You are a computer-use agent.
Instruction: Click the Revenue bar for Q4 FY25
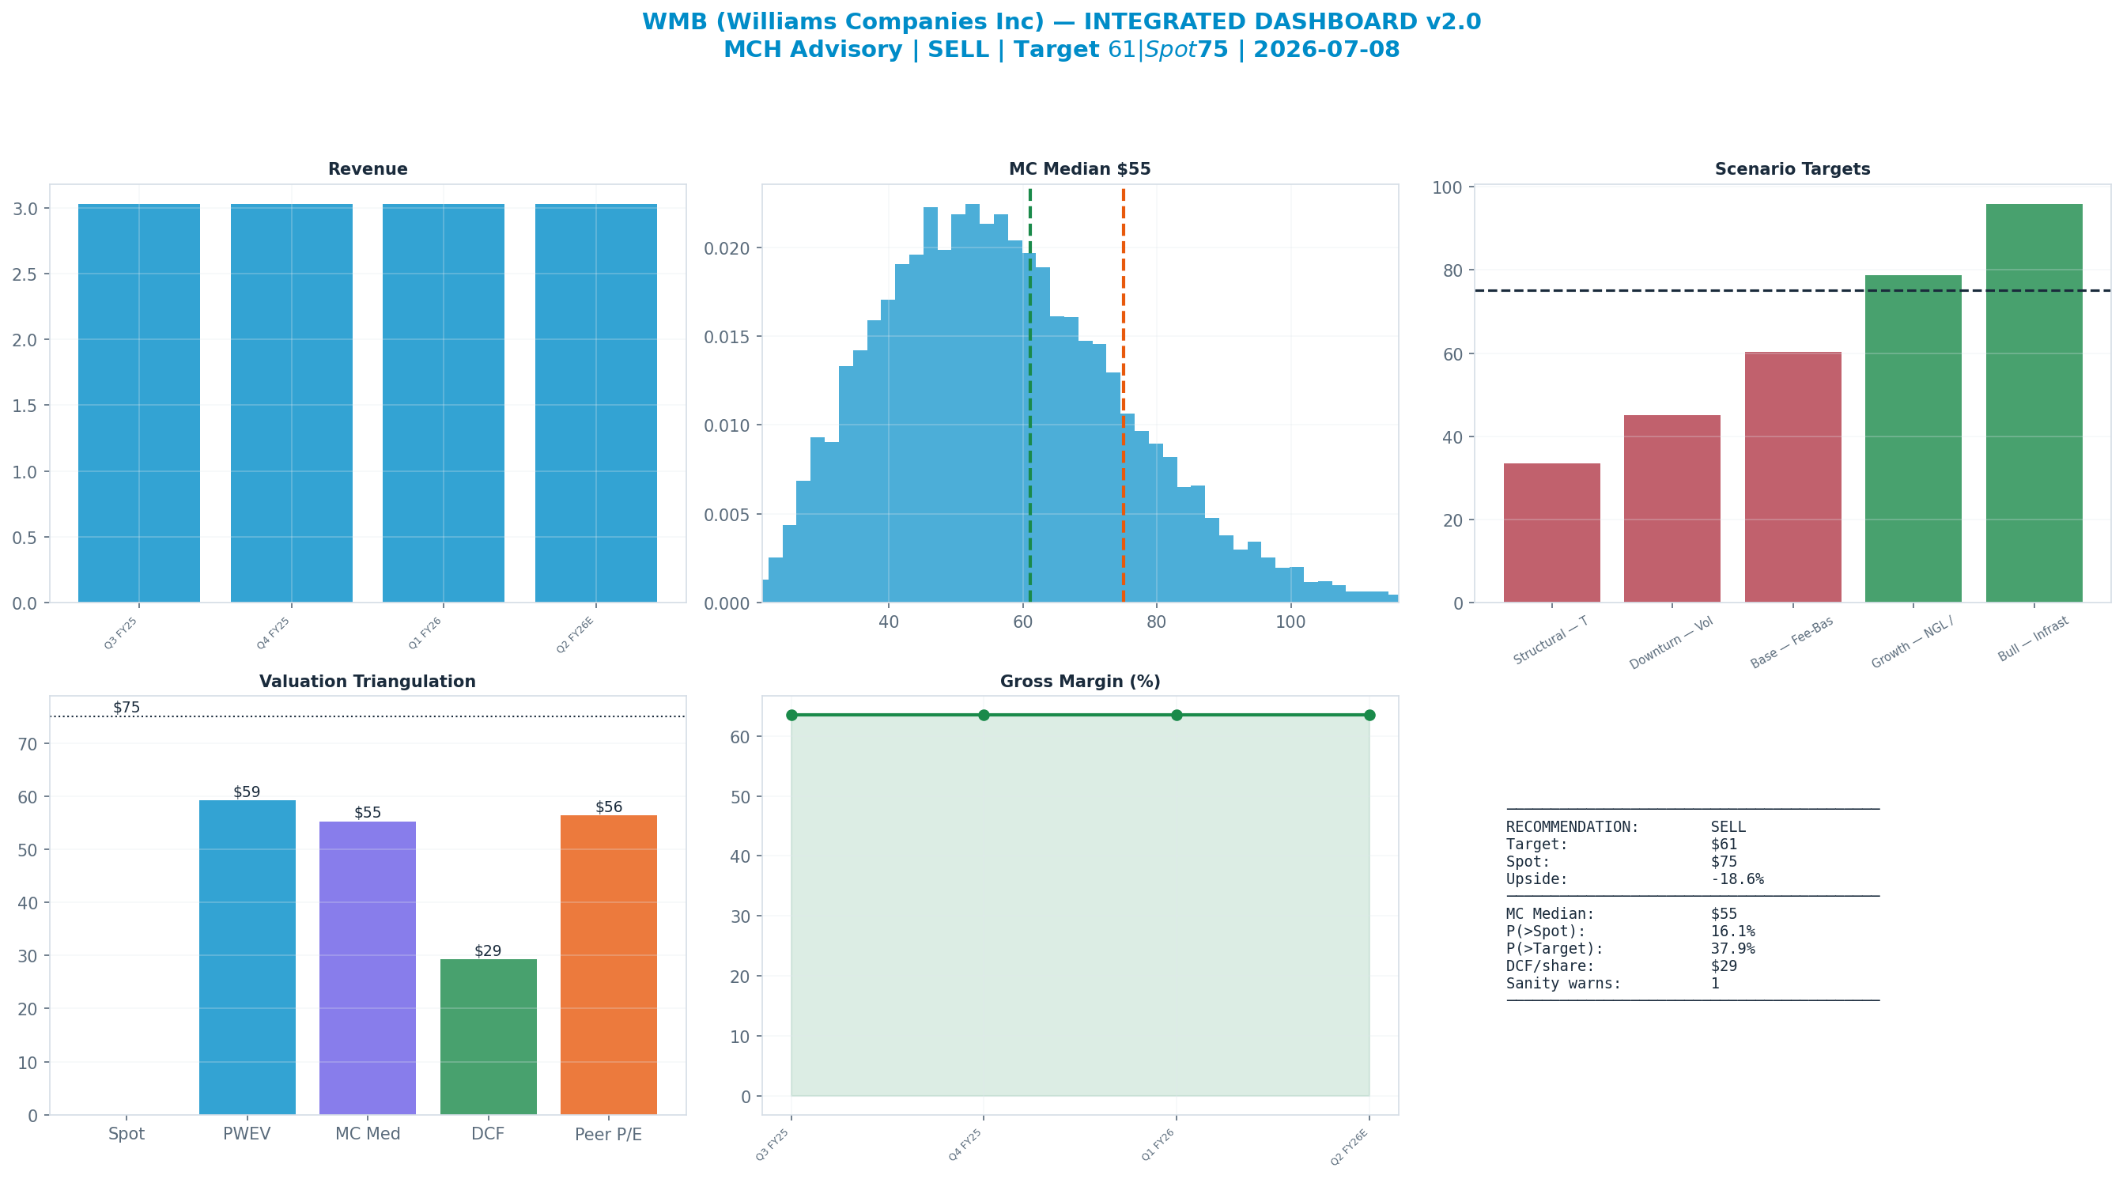click(x=291, y=403)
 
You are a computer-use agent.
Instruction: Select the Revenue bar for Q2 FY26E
click(x=596, y=403)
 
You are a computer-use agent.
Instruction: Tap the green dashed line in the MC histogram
click(x=1030, y=395)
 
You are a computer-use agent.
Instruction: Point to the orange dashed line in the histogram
click(x=1124, y=395)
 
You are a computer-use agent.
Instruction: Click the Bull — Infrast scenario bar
click(x=2034, y=403)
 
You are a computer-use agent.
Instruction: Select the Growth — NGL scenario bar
click(x=1913, y=439)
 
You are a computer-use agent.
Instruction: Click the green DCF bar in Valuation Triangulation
click(x=488, y=1037)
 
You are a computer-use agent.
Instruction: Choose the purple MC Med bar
click(x=368, y=968)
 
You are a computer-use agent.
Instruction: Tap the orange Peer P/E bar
click(x=609, y=965)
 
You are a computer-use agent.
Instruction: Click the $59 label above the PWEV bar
click(x=247, y=792)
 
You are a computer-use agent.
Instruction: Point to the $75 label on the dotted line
click(x=127, y=708)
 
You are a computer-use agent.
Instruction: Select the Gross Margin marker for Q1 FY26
click(x=1176, y=715)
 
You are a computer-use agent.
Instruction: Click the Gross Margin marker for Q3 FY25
click(x=792, y=715)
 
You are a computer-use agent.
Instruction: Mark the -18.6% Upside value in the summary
click(x=1737, y=879)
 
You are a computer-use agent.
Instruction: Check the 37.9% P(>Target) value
click(x=1733, y=948)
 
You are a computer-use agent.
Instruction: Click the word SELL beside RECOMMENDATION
click(x=1728, y=827)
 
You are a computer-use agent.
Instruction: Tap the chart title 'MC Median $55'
click(x=1079, y=169)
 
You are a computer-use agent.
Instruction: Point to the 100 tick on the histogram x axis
click(x=1290, y=622)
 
